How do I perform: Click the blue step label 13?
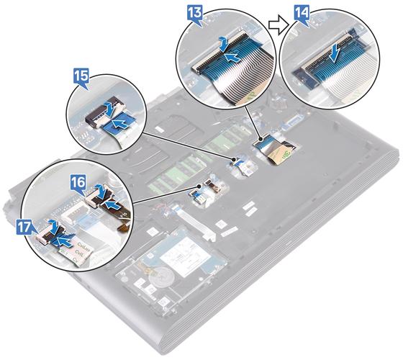(x=195, y=13)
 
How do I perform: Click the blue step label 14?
(x=302, y=14)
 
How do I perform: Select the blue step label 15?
(x=81, y=77)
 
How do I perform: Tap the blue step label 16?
(x=78, y=183)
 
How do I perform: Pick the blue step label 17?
(x=25, y=228)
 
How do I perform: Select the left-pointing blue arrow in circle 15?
(x=121, y=124)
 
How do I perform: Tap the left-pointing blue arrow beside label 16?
(x=113, y=205)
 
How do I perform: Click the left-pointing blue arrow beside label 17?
(x=63, y=241)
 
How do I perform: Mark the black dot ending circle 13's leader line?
(x=261, y=139)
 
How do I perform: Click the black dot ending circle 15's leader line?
(x=234, y=160)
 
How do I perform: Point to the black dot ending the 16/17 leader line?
(x=199, y=186)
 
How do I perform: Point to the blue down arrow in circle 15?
(x=109, y=108)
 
